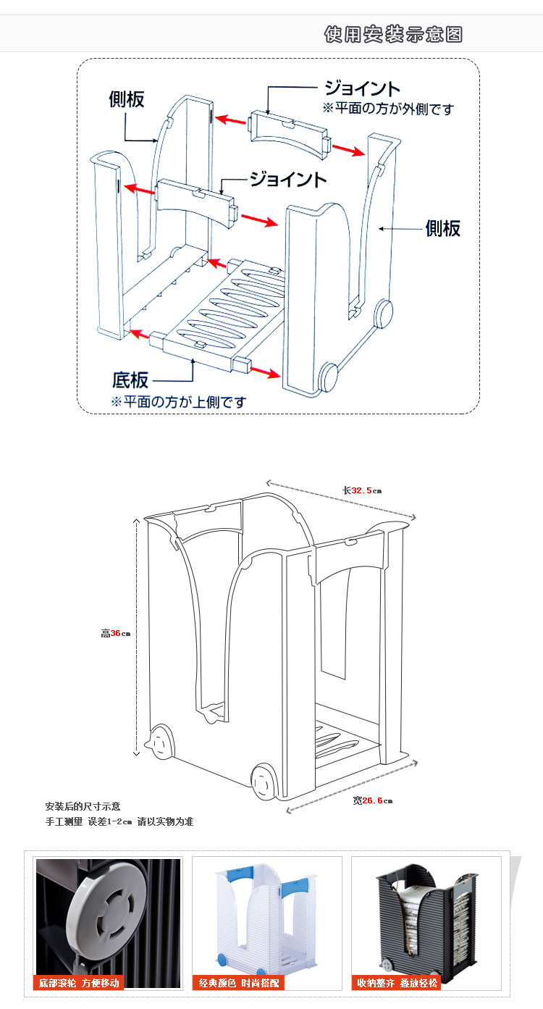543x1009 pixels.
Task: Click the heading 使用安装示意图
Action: pyautogui.click(x=393, y=34)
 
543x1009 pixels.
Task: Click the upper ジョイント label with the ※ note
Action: pyautogui.click(x=361, y=88)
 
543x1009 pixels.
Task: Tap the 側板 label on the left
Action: pyautogui.click(x=127, y=99)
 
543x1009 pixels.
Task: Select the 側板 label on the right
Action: pyautogui.click(x=443, y=228)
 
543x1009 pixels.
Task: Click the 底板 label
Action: pyautogui.click(x=130, y=379)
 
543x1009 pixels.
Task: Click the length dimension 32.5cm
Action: pyautogui.click(x=362, y=490)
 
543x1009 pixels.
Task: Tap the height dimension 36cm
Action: pyautogui.click(x=115, y=633)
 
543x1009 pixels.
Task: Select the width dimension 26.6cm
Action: pyautogui.click(x=372, y=800)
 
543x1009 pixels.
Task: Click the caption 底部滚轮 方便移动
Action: pyautogui.click(x=79, y=983)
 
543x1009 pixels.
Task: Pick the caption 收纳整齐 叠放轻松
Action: pyautogui.click(x=397, y=983)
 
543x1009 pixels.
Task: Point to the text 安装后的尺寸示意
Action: pyautogui.click(x=83, y=806)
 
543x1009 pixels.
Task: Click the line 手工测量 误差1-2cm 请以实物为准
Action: pyautogui.click(x=119, y=821)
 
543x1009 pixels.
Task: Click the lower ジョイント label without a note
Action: pyautogui.click(x=288, y=179)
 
